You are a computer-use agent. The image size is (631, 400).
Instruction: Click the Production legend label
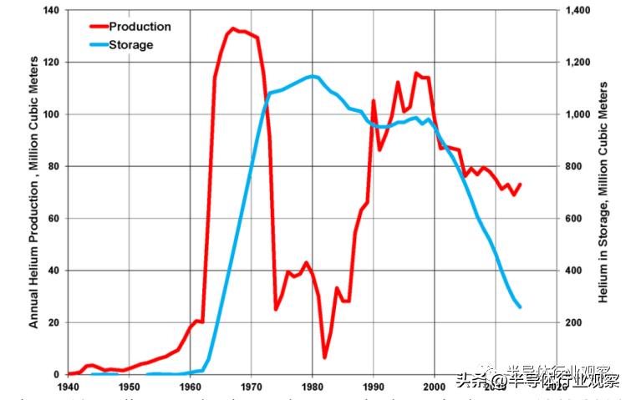click(140, 27)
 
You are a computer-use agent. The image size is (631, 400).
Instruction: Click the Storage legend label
click(130, 44)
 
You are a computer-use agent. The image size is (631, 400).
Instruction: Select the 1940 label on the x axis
click(68, 387)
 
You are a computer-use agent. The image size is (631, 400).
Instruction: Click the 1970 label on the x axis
click(251, 387)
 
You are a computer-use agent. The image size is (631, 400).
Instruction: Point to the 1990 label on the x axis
click(374, 387)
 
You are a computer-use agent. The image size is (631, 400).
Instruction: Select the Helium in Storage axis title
click(603, 192)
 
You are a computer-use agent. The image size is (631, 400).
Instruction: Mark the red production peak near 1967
click(232, 28)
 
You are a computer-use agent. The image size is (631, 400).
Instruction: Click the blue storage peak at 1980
click(313, 76)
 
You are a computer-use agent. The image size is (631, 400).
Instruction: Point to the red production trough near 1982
click(324, 357)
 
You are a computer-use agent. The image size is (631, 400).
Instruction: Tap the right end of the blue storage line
click(520, 306)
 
